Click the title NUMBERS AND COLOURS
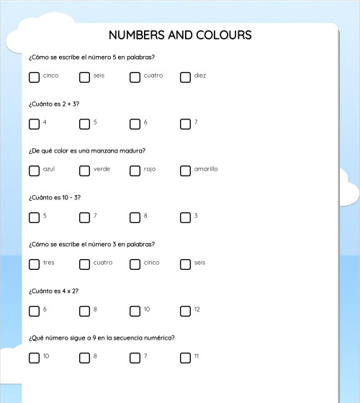[180, 35]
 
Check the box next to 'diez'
[185, 77]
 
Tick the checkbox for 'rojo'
[135, 171]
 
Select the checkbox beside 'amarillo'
[185, 171]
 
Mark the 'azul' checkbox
[34, 171]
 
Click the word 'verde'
[102, 169]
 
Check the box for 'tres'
[34, 264]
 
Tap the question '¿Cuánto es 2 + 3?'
[54, 104]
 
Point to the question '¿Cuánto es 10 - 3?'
[55, 198]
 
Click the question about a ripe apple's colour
[87, 151]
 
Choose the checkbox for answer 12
[185, 311]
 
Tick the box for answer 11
[185, 358]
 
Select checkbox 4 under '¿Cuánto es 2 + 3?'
[34, 124]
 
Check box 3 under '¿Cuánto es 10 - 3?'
[185, 217]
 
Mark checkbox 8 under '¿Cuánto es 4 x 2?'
[84, 311]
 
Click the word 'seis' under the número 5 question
[99, 76]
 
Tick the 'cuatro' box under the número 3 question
[84, 264]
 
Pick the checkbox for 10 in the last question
[34, 358]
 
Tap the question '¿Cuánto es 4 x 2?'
[53, 291]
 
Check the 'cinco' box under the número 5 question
[34, 77]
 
